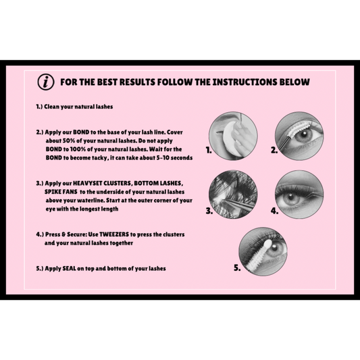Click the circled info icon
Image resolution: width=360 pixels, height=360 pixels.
[x=46, y=82]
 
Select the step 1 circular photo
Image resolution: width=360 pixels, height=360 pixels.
[x=233, y=136]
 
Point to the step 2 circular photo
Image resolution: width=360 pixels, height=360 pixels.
[x=299, y=136]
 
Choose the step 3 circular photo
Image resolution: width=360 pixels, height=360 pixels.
[x=233, y=195]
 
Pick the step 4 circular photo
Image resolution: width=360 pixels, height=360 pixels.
[x=299, y=195]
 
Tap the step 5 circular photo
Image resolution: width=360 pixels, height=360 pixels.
[x=263, y=251]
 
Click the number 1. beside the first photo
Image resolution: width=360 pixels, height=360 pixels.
[x=209, y=150]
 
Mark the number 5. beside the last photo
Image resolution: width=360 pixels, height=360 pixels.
[x=237, y=267]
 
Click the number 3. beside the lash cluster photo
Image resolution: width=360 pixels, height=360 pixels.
[x=209, y=211]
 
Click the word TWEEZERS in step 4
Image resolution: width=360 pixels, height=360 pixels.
[x=114, y=234]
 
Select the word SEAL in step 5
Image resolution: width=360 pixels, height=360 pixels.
[x=69, y=268]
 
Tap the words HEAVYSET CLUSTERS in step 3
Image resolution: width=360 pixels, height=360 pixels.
[x=102, y=183]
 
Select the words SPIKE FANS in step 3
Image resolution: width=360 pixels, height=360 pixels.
[x=61, y=192]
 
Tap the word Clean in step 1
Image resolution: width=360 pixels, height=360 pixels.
[x=51, y=107]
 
